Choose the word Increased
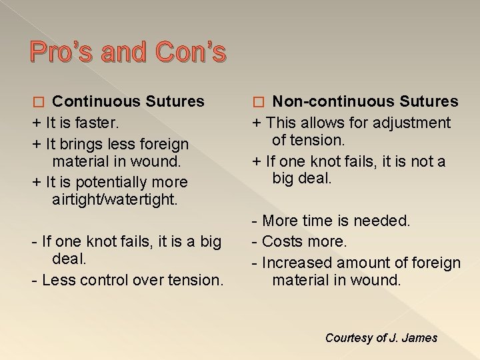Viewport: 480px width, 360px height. [296, 263]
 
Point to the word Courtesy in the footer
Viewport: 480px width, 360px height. [349, 338]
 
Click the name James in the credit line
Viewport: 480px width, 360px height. [421, 338]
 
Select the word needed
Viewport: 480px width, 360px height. [386, 220]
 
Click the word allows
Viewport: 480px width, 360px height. [324, 123]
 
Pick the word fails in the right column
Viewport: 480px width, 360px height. [347, 161]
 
